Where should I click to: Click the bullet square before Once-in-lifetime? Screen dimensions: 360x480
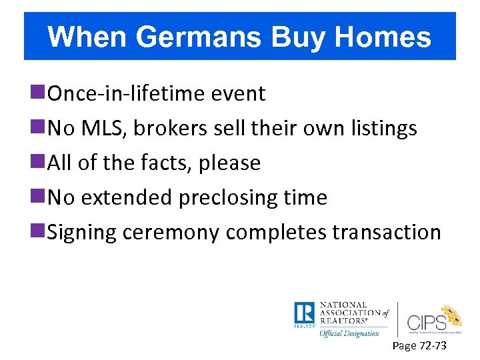coord(43,93)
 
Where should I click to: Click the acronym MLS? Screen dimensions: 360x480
coord(103,128)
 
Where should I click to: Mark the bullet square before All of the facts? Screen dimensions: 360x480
coord(43,163)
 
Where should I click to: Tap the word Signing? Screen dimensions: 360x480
coord(80,233)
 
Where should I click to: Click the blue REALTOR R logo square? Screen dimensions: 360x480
coord(305,313)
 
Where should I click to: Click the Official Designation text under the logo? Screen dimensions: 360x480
coord(349,333)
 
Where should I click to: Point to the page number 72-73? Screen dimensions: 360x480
coord(431,346)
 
